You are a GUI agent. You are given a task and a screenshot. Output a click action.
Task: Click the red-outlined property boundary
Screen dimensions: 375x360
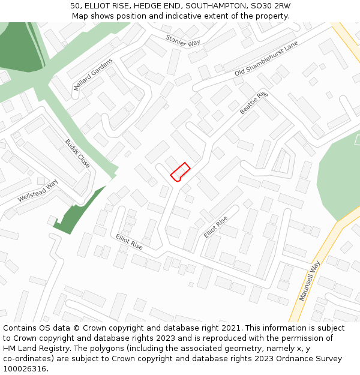coord(180,172)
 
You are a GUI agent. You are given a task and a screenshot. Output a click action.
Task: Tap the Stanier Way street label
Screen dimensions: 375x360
coord(183,40)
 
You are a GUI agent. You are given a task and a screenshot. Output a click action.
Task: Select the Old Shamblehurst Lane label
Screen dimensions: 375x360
coord(266,63)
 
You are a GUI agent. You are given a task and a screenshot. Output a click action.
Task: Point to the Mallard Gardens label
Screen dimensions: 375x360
coord(93,74)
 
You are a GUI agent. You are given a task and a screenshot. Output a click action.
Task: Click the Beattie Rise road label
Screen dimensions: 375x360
coord(254,103)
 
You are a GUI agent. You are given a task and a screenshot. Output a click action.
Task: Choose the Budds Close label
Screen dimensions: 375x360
coord(77,154)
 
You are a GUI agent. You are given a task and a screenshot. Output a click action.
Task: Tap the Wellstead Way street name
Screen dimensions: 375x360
coord(37,191)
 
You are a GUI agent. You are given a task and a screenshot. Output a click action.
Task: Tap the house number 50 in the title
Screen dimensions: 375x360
coord(75,6)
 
